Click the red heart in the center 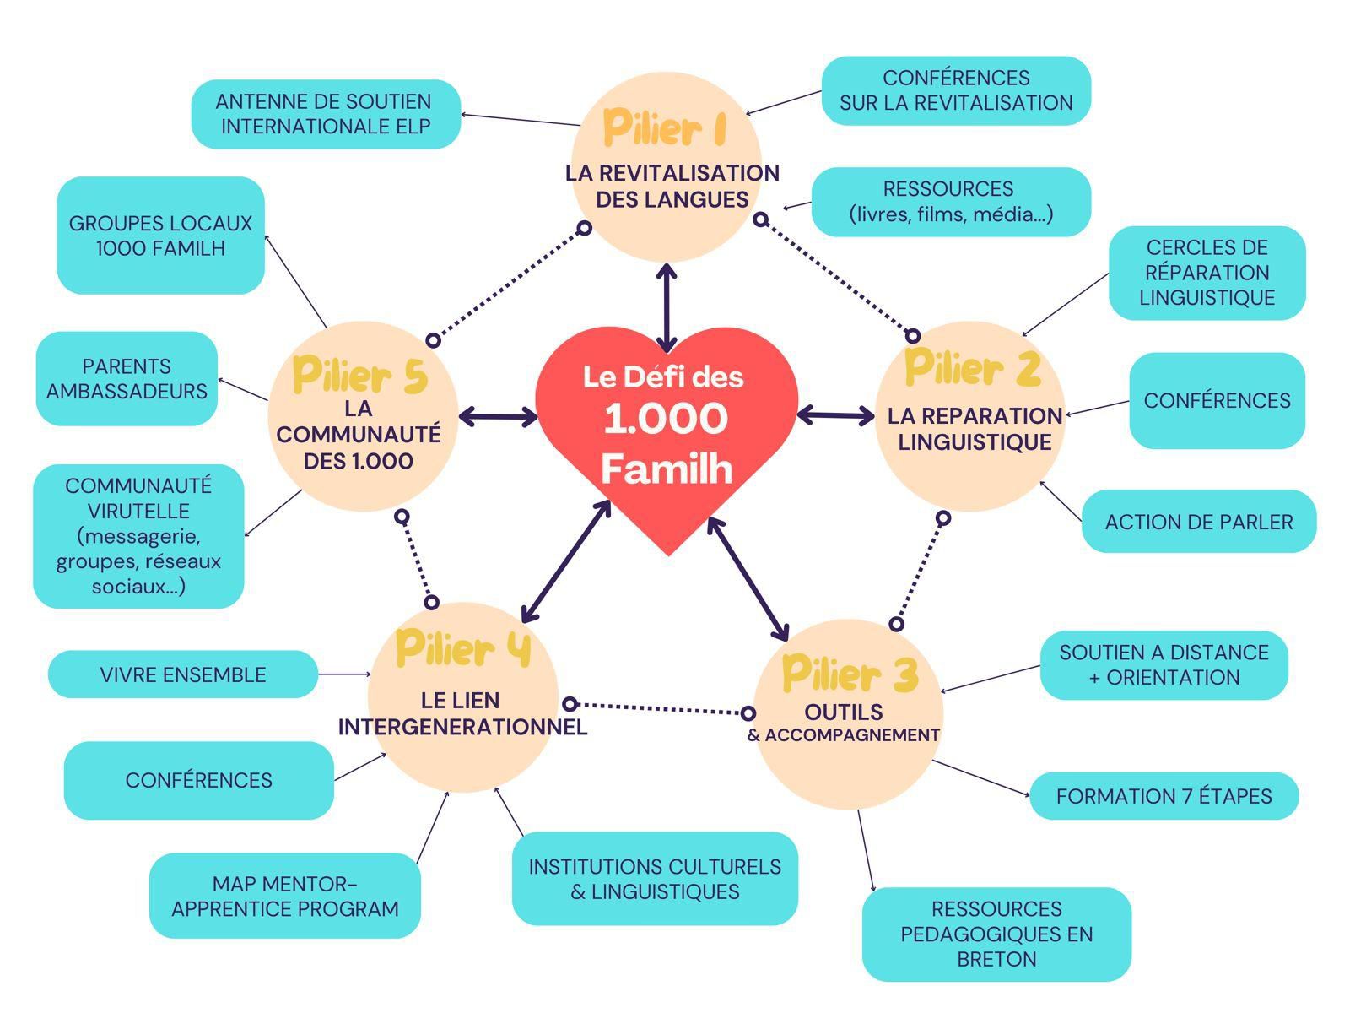point(667,431)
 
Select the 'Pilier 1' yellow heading point(665,129)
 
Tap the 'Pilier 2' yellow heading point(972,367)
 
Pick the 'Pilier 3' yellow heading point(850,674)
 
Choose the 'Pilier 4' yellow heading point(463,648)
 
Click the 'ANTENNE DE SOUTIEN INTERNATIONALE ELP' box point(326,114)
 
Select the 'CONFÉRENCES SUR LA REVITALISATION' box point(956,90)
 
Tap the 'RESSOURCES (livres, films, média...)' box point(951,202)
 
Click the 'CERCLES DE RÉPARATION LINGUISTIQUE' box point(1207,273)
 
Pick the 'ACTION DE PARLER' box point(1198,522)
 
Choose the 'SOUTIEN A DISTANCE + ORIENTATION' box point(1164,665)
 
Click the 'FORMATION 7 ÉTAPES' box point(1164,796)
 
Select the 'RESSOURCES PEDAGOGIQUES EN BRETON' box point(996,934)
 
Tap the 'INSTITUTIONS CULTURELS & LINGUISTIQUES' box point(655,879)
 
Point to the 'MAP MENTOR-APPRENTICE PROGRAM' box point(285,897)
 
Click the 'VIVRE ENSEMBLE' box point(183,674)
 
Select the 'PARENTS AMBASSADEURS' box point(127,378)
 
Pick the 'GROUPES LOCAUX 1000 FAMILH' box point(160,236)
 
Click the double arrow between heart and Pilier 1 point(667,308)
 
